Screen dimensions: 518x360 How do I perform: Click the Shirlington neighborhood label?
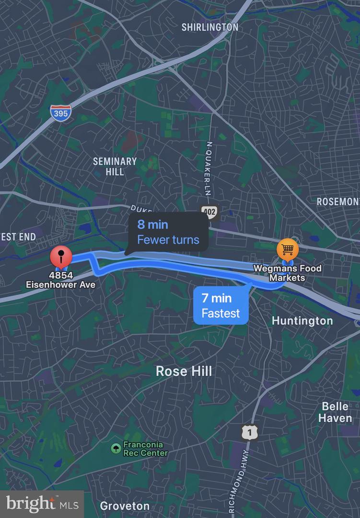pyautogui.click(x=209, y=27)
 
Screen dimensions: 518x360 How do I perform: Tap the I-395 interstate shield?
pyautogui.click(x=60, y=113)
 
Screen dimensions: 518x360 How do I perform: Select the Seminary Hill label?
pyautogui.click(x=115, y=166)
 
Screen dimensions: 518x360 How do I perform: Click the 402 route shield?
pyautogui.click(x=209, y=212)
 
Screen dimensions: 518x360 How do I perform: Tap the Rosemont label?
pyautogui.click(x=338, y=201)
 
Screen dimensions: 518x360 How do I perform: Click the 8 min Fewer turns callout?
pyautogui.click(x=168, y=232)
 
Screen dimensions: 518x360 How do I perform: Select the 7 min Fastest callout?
pyautogui.click(x=221, y=306)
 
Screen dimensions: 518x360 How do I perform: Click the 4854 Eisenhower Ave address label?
pyautogui.click(x=61, y=281)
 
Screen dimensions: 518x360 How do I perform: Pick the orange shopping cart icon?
pyautogui.click(x=288, y=249)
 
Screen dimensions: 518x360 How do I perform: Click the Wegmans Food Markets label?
pyautogui.click(x=288, y=273)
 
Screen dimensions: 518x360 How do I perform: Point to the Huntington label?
pyautogui.click(x=302, y=320)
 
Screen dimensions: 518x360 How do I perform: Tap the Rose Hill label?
pyautogui.click(x=184, y=371)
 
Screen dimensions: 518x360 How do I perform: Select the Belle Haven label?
pyautogui.click(x=335, y=412)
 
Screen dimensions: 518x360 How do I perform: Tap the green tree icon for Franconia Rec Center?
pyautogui.click(x=115, y=448)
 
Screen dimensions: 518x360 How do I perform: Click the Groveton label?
pyautogui.click(x=125, y=506)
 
